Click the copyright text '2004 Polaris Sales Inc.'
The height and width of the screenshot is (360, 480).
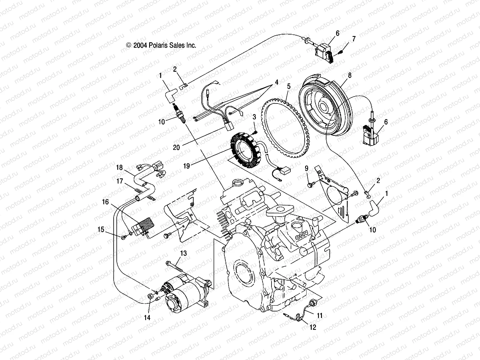pos(161,45)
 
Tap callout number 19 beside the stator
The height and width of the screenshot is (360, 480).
pos(187,166)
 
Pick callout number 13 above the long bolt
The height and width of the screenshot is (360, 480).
pos(183,253)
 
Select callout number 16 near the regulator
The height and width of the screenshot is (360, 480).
pos(105,202)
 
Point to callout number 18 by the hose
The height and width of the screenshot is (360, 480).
pos(119,167)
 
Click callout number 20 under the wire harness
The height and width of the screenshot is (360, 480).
pos(176,147)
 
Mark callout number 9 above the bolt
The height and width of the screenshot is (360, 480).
pos(306,168)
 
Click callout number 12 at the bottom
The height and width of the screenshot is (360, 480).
pos(313,327)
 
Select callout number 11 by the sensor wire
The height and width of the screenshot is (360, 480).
pos(320,315)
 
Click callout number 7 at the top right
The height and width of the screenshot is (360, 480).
pos(354,39)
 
